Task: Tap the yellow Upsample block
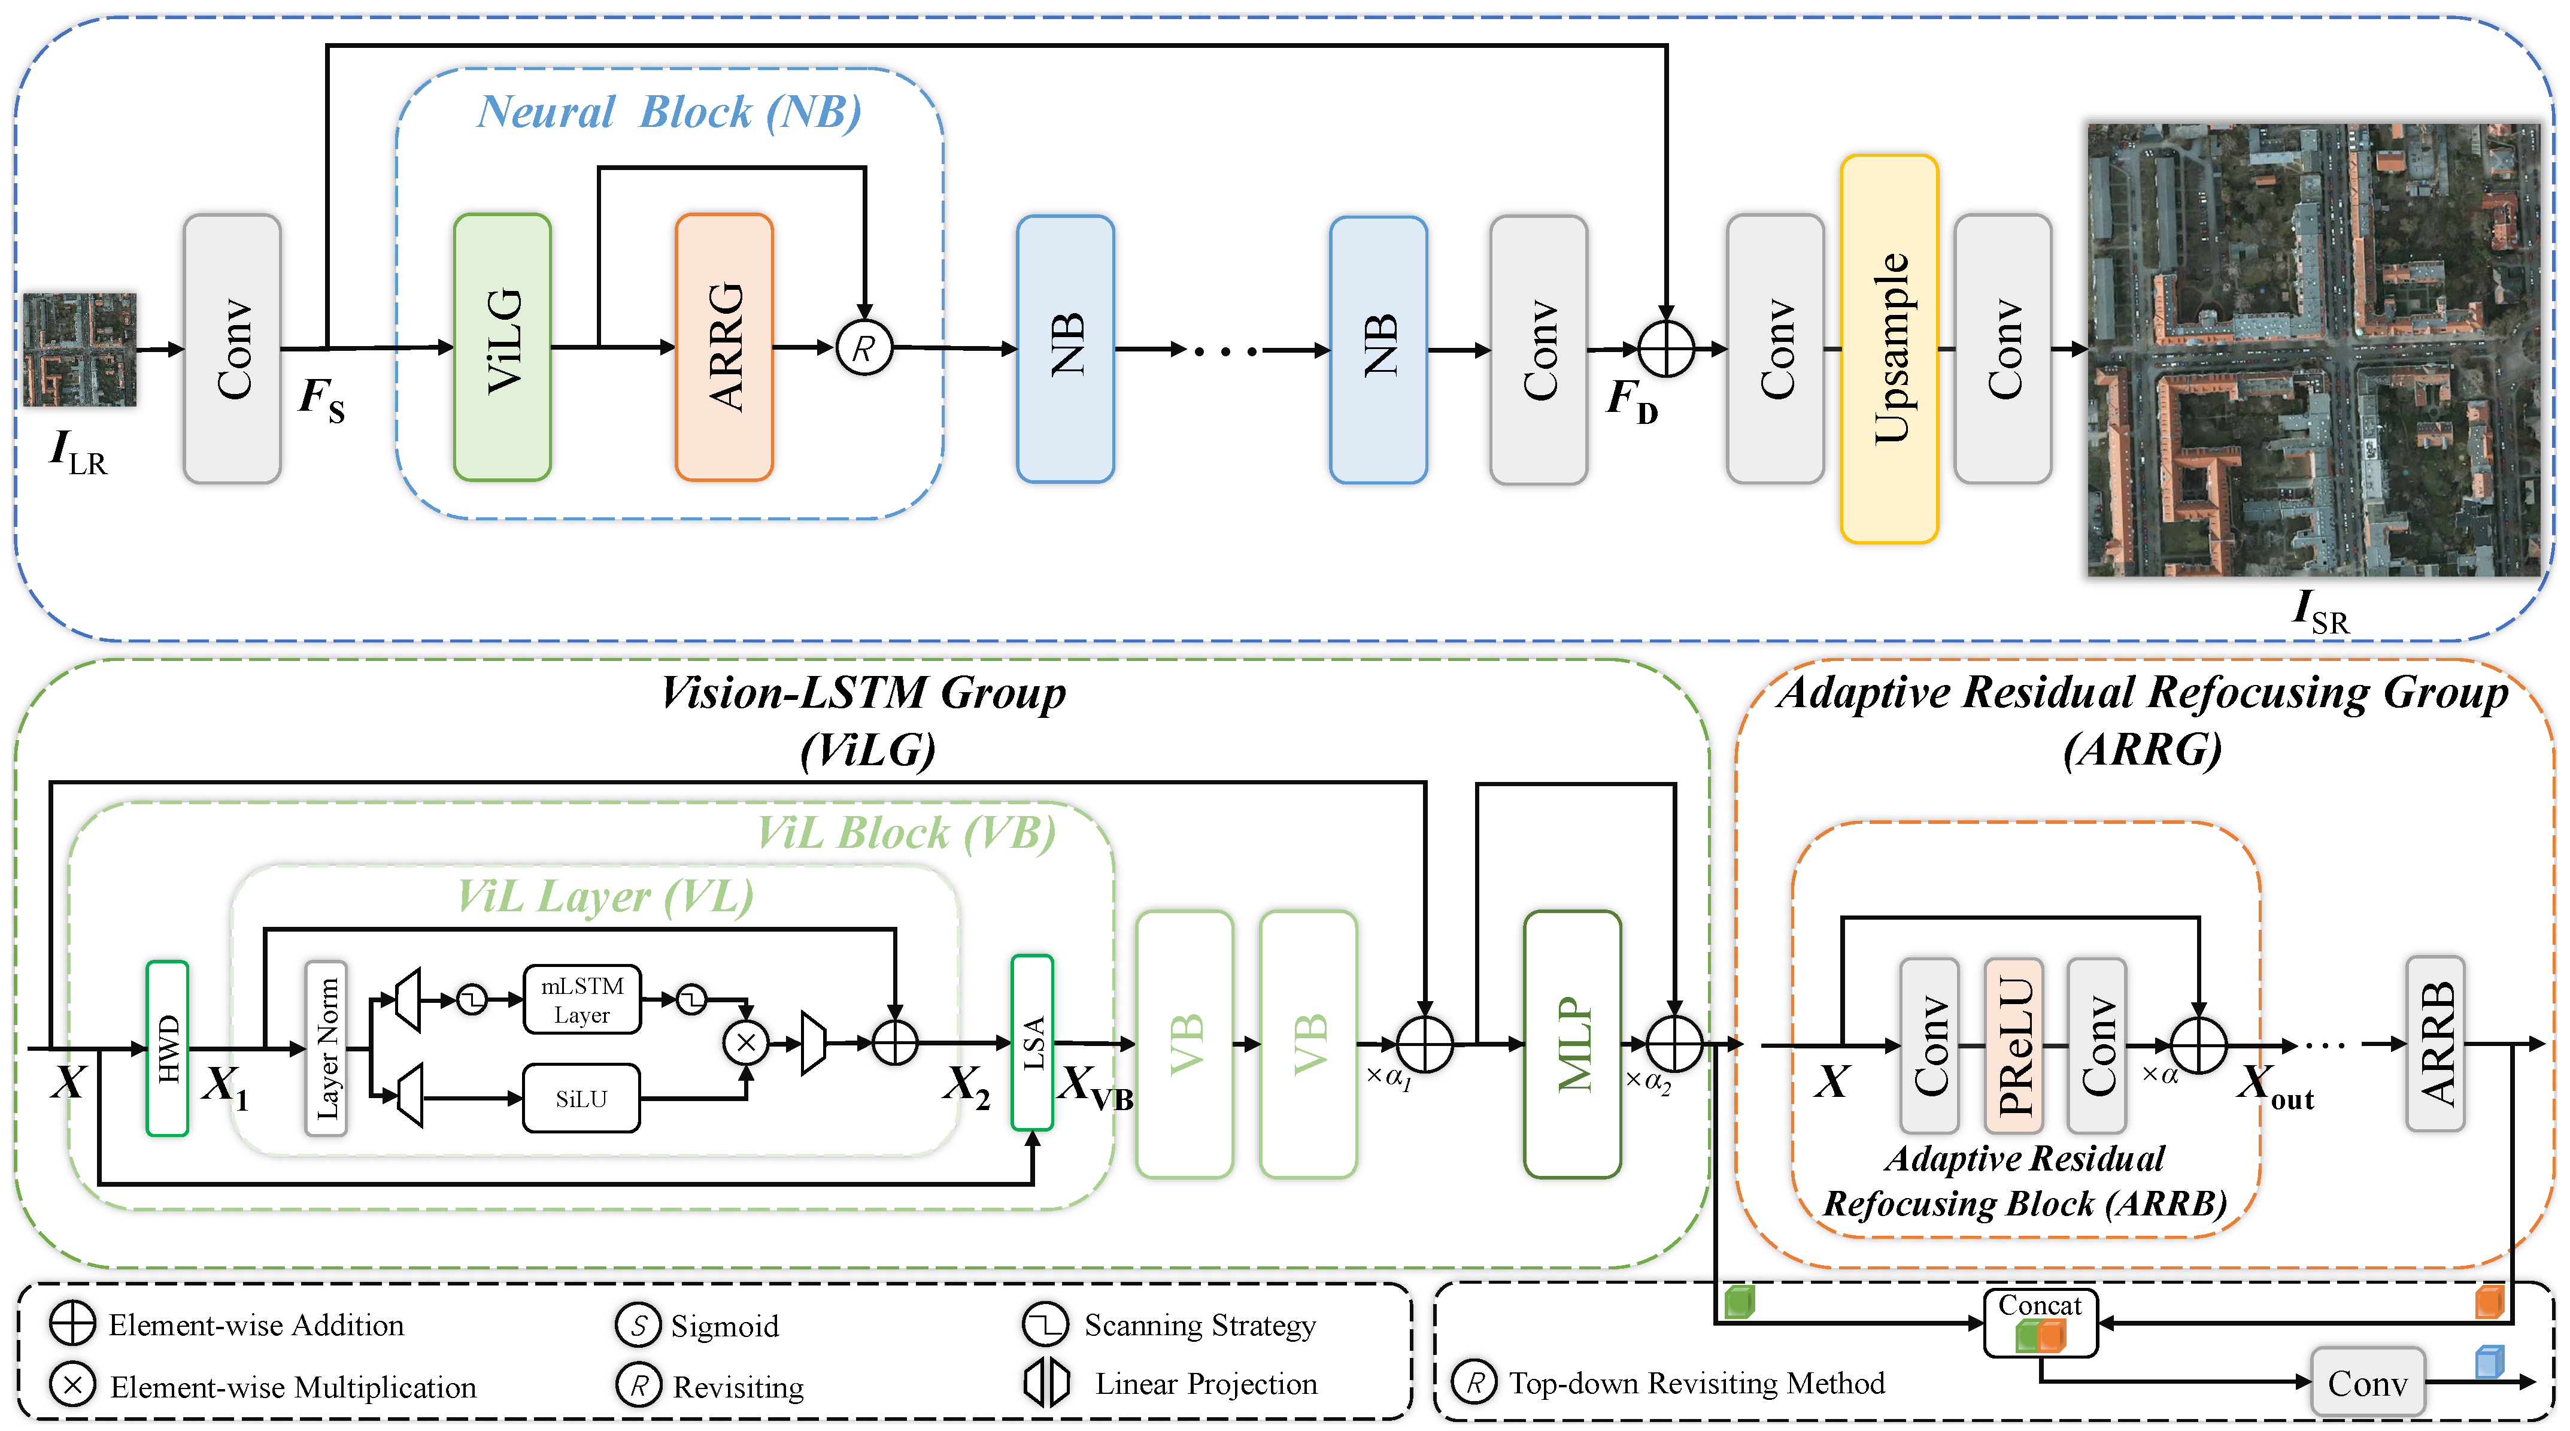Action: click(x=1889, y=348)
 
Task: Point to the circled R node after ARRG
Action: click(x=864, y=348)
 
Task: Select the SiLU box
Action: click(x=582, y=1099)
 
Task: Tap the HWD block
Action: click(x=168, y=1048)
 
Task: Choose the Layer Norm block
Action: click(x=326, y=1048)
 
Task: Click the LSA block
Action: click(x=1033, y=1043)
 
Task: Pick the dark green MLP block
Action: click(x=1572, y=1044)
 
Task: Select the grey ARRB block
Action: click(x=2435, y=1044)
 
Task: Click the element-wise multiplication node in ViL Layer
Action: click(x=747, y=1044)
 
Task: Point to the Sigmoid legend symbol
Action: click(x=639, y=1325)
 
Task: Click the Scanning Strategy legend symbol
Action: click(x=1045, y=1324)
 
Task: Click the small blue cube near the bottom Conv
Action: click(x=2489, y=1361)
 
